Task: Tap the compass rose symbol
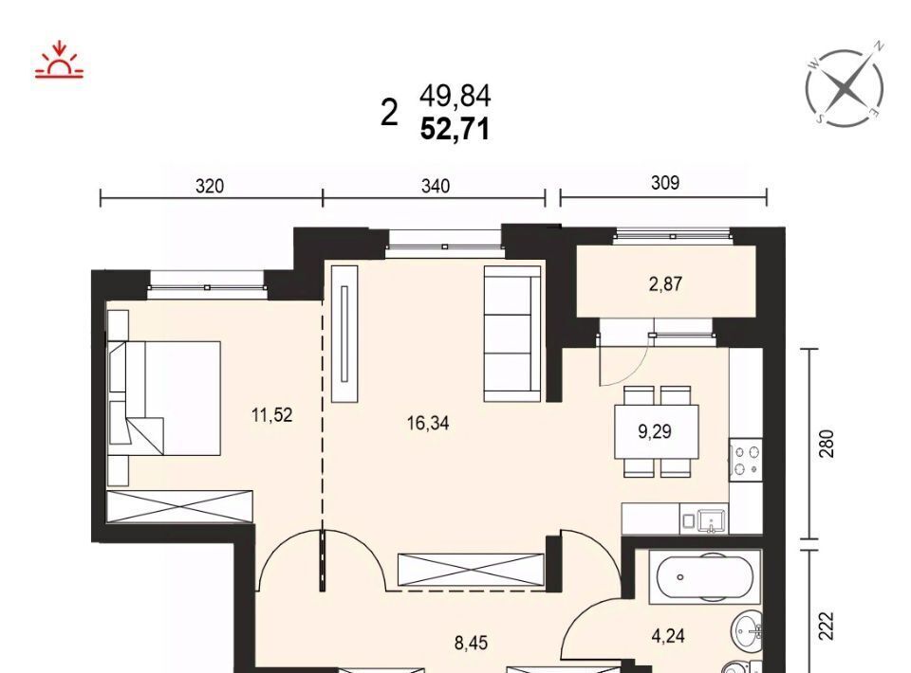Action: (x=846, y=87)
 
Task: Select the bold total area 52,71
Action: (x=455, y=129)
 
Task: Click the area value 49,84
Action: (x=455, y=97)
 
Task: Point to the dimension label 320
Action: (x=209, y=186)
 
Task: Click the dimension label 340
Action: (x=436, y=186)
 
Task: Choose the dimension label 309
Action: (x=664, y=183)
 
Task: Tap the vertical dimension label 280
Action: (x=827, y=444)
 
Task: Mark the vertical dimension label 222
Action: (x=827, y=626)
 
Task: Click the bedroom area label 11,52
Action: (x=272, y=415)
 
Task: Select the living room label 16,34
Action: (x=428, y=424)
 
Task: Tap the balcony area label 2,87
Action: (x=666, y=284)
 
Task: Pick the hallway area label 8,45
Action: (x=471, y=644)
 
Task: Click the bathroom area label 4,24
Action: (x=668, y=636)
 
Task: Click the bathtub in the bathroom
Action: (x=704, y=577)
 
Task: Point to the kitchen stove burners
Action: (x=746, y=460)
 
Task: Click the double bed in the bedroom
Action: (x=164, y=398)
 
